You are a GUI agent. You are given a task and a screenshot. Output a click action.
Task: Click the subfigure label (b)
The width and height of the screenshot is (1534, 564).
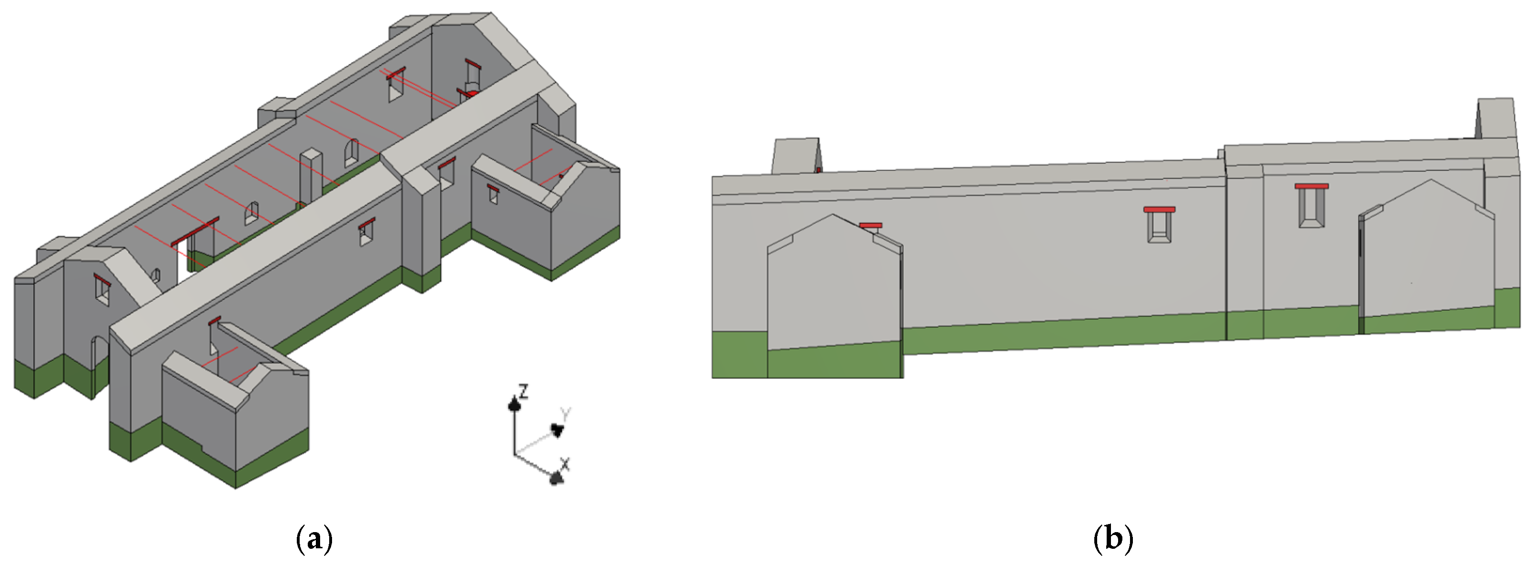(1113, 539)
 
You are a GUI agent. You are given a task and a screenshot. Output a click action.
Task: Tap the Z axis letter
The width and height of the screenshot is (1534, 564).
(524, 391)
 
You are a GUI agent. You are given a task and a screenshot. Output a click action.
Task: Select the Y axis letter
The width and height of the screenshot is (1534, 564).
(565, 414)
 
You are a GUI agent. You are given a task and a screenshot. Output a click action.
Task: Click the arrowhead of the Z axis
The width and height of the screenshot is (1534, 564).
(515, 405)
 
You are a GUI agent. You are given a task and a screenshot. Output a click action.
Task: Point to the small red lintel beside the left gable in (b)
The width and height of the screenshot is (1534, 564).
(871, 226)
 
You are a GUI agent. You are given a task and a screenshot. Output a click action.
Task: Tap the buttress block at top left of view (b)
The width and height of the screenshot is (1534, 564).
(796, 157)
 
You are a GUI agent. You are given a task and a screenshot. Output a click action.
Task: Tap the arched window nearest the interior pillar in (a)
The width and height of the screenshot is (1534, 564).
(352, 153)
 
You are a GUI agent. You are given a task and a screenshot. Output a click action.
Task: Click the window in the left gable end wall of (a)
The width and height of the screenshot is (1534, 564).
(102, 290)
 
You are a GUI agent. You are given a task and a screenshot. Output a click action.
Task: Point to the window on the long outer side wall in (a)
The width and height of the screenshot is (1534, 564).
(367, 233)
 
